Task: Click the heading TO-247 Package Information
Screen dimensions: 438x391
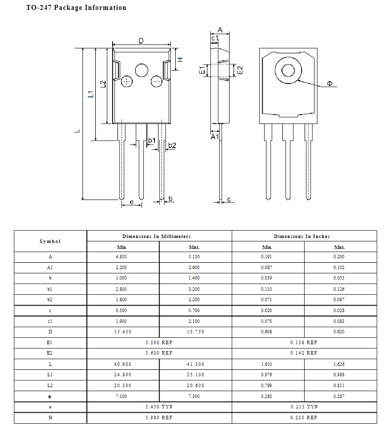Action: [x=76, y=7]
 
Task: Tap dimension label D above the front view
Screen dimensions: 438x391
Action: [x=141, y=41]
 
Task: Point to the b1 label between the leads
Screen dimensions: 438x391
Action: [x=152, y=141]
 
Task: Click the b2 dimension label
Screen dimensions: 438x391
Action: [x=172, y=145]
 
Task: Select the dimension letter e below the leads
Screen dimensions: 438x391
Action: [x=131, y=202]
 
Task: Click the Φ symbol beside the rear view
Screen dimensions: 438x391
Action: [x=330, y=84]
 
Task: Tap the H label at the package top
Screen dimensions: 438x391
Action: [x=180, y=59]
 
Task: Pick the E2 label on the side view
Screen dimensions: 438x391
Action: [x=240, y=70]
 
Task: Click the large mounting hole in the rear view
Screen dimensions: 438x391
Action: [x=288, y=71]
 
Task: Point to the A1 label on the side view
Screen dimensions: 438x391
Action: [x=214, y=136]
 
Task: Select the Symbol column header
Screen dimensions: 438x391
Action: [x=50, y=241]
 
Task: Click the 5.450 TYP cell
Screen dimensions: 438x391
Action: [x=159, y=407]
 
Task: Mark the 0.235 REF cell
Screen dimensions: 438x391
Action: [x=304, y=418]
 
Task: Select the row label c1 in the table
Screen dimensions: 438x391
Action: [x=50, y=321]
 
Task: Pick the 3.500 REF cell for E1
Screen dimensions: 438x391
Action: [x=159, y=342]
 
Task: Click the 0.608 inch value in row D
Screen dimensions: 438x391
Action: [x=267, y=332]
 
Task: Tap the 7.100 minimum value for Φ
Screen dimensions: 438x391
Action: [x=122, y=396]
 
